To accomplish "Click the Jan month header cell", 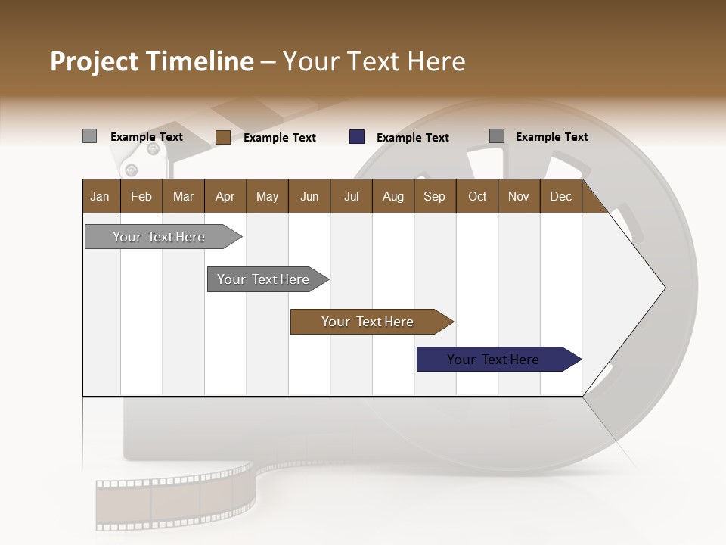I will (101, 196).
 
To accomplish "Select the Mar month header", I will (183, 196).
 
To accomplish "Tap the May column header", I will (267, 196).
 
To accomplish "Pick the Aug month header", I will (392, 196).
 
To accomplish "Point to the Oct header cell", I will (477, 196).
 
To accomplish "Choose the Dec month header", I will (560, 196).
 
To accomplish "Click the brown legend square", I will (222, 137).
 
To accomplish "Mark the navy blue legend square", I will (357, 137).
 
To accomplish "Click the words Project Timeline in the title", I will (151, 61).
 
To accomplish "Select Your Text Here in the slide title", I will (374, 61).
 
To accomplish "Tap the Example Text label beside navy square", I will (412, 138).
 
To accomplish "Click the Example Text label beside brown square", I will (279, 138).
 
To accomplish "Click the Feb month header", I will (141, 196).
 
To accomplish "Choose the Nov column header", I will (518, 196).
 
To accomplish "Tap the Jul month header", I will (351, 196).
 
